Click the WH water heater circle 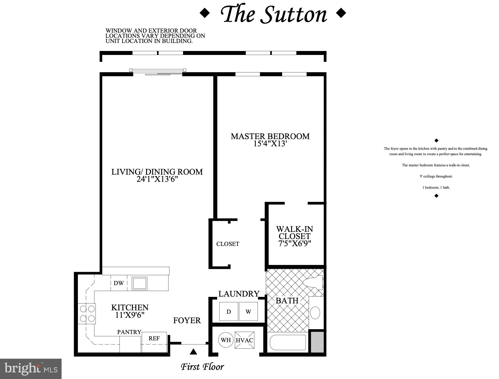[x=226, y=340]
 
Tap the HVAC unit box [x=244, y=340]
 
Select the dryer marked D [x=229, y=311]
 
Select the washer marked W [x=248, y=311]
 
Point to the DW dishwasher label [x=119, y=283]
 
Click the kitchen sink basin [x=140, y=283]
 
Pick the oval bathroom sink [x=315, y=313]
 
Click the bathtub [x=288, y=342]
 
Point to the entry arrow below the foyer [x=194, y=352]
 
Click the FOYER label [x=187, y=320]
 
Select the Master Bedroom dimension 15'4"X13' [x=270, y=144]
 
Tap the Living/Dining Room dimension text [x=157, y=179]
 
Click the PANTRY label [x=129, y=332]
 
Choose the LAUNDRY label [x=239, y=294]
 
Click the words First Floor [x=202, y=367]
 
